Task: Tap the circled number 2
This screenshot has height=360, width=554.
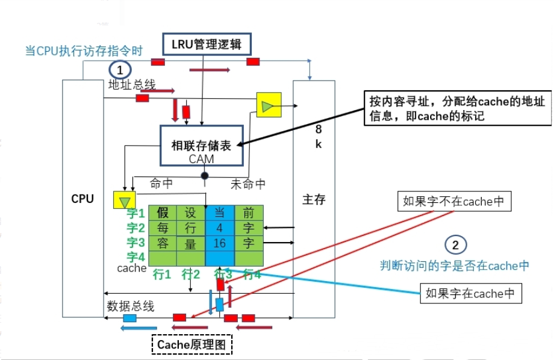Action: (x=455, y=244)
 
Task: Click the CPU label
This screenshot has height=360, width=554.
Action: (x=82, y=198)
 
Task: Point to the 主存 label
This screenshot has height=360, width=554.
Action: (x=314, y=199)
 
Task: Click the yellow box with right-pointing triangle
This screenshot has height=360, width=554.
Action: (x=268, y=105)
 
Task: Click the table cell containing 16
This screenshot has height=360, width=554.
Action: (x=220, y=243)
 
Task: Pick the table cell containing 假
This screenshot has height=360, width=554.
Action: (x=162, y=213)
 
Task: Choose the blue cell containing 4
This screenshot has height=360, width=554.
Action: (x=220, y=228)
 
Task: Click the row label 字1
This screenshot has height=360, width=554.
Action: (x=135, y=213)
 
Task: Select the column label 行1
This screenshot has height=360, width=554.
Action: (x=162, y=274)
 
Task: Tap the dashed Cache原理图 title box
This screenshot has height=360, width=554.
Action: (x=191, y=344)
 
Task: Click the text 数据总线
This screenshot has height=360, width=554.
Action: (x=131, y=306)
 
